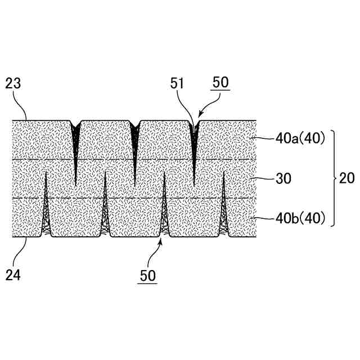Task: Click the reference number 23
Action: pos(13,85)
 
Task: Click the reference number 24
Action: pos(13,275)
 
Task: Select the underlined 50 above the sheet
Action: pos(220,83)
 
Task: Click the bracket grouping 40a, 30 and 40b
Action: pos(333,178)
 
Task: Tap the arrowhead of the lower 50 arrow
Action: pos(163,240)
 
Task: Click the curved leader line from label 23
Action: pos(21,107)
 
